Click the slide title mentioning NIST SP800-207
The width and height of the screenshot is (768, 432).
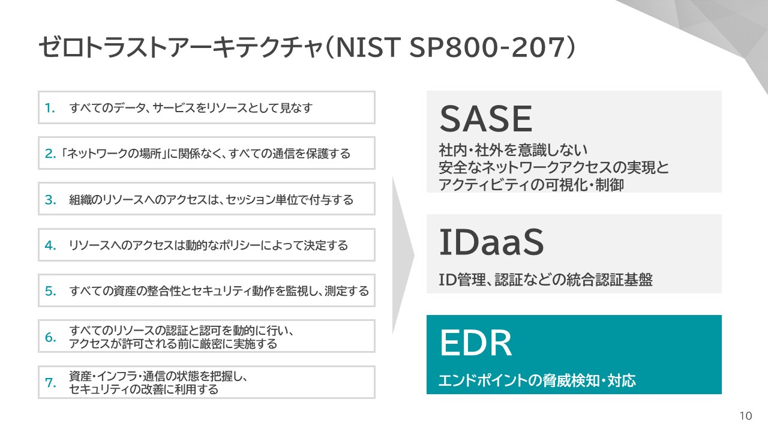pyautogui.click(x=307, y=47)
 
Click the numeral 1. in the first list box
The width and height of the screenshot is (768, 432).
pyautogui.click(x=50, y=109)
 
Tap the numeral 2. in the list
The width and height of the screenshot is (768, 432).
pyautogui.click(x=50, y=154)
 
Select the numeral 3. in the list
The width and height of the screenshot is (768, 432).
pyautogui.click(x=50, y=200)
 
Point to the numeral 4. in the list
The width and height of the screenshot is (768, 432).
pyautogui.click(x=50, y=245)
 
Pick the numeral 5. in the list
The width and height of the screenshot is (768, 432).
pyautogui.click(x=50, y=291)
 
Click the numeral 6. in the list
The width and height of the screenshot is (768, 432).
pyautogui.click(x=50, y=337)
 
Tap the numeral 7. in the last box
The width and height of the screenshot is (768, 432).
pyautogui.click(x=50, y=383)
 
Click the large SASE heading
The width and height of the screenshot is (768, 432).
pyautogui.click(x=486, y=119)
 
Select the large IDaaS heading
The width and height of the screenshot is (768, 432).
pyautogui.click(x=491, y=242)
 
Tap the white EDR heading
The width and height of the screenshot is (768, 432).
pyautogui.click(x=476, y=343)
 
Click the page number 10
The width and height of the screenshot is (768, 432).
pyautogui.click(x=746, y=416)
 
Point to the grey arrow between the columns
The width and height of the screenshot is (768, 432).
pyautogui.click(x=403, y=256)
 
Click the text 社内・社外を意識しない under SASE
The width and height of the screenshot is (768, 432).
pyautogui.click(x=513, y=150)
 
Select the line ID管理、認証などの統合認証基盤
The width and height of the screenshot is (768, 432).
pyautogui.click(x=546, y=280)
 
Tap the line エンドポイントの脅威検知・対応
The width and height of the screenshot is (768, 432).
pyautogui.click(x=537, y=380)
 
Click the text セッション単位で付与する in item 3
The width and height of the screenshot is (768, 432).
pyautogui.click(x=289, y=200)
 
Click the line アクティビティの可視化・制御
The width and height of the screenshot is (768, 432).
pyautogui.click(x=531, y=185)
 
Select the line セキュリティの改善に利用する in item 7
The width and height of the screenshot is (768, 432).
pyautogui.click(x=143, y=389)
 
